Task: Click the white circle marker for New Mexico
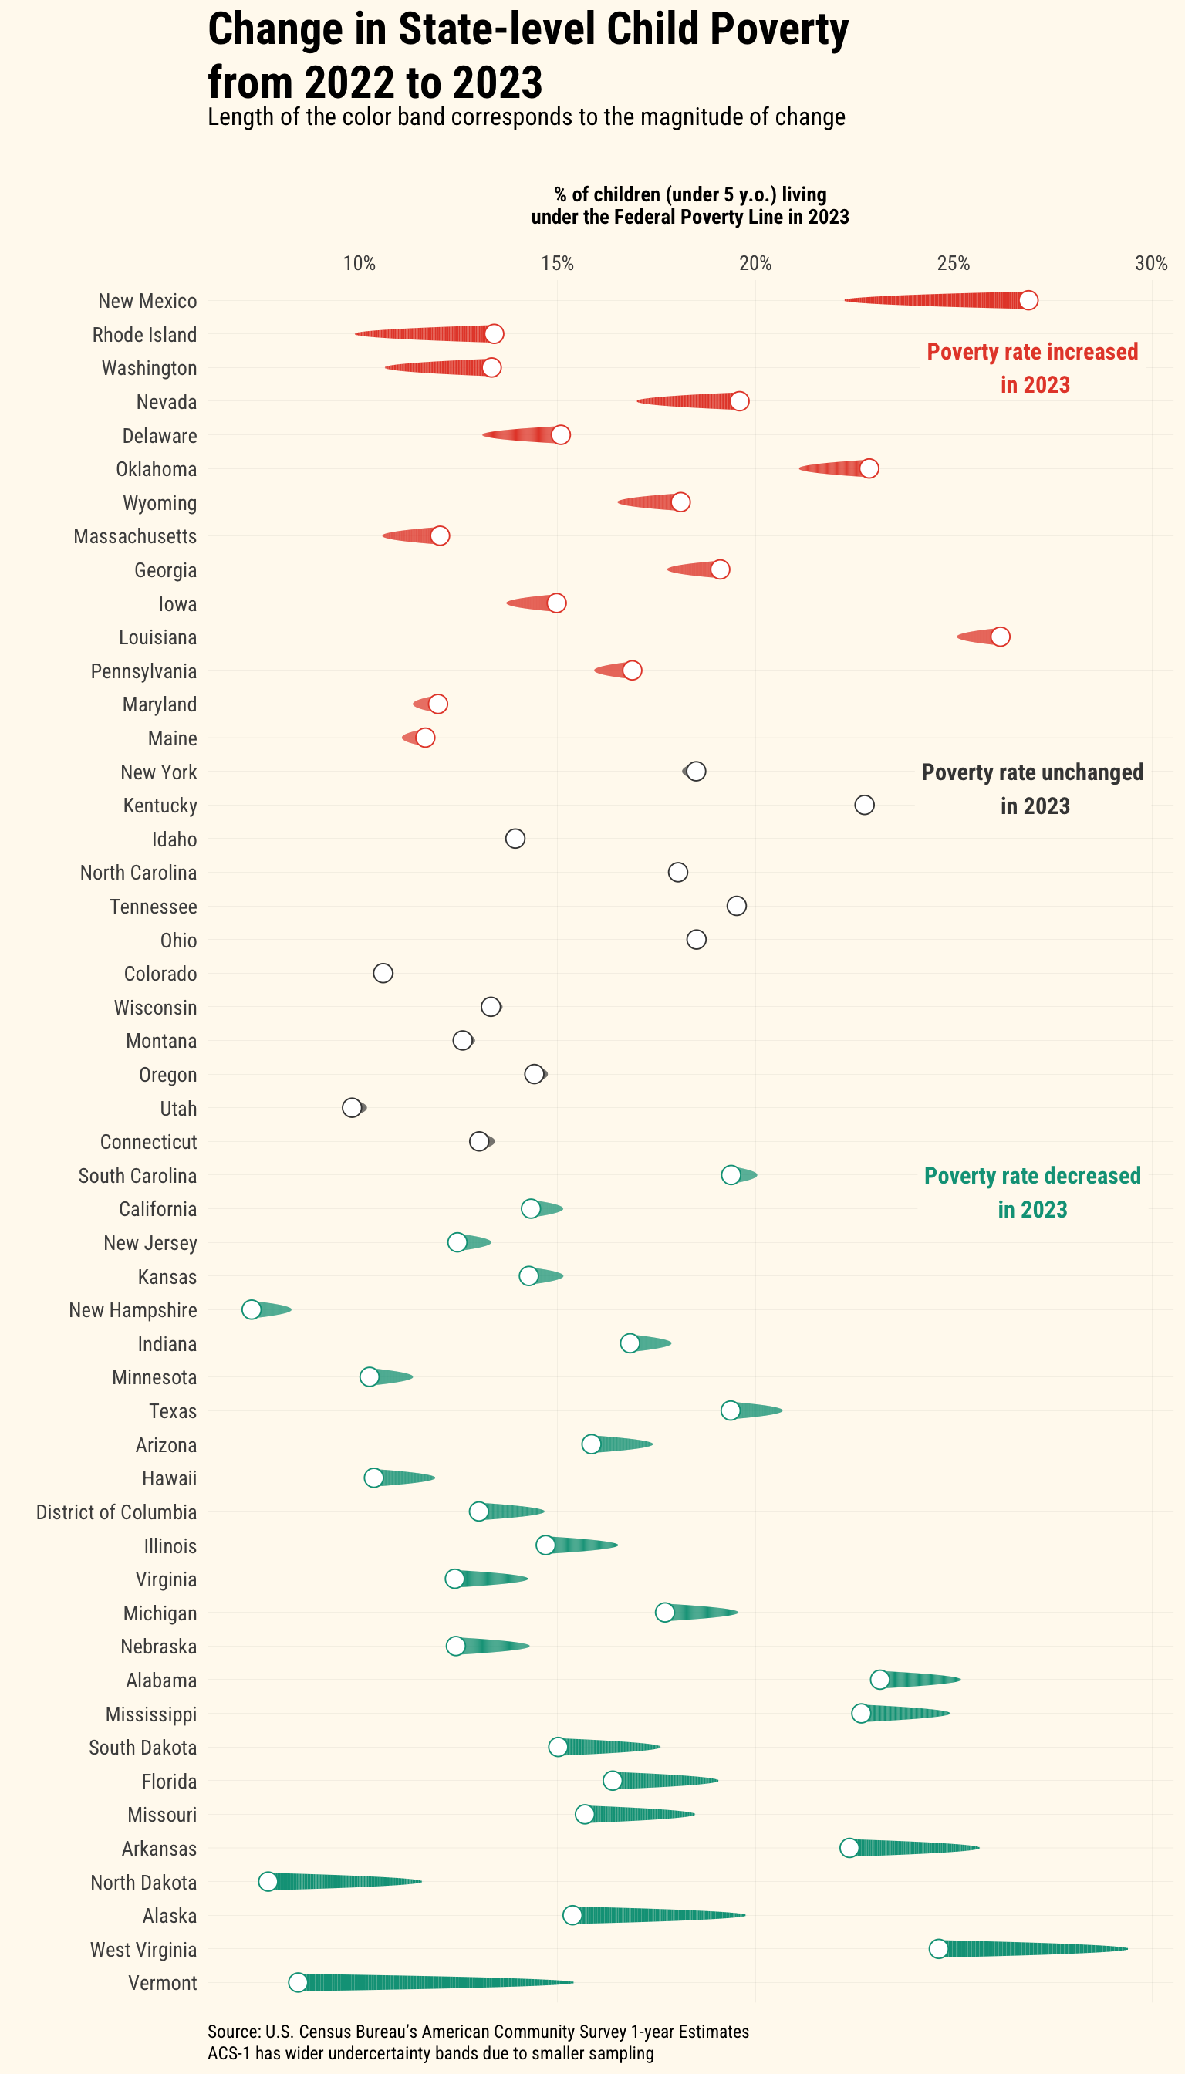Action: click(1028, 300)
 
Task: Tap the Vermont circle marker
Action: click(298, 1982)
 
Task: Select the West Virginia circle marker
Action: click(938, 1947)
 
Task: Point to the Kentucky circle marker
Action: click(864, 805)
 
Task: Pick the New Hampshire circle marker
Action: click(252, 1309)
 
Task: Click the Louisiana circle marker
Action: click(1001, 637)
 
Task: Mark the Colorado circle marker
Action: click(383, 973)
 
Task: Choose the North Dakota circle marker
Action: click(268, 1881)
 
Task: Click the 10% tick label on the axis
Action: click(359, 264)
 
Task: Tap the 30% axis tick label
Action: click(1151, 264)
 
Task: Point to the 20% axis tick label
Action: click(755, 264)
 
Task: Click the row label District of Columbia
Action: click(116, 1512)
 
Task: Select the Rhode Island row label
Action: click(144, 336)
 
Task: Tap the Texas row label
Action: click(173, 1411)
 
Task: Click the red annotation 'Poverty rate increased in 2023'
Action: click(1032, 368)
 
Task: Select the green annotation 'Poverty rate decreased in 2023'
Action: click(1032, 1192)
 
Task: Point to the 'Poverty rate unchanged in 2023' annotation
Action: click(1032, 789)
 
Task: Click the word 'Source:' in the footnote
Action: click(234, 2032)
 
